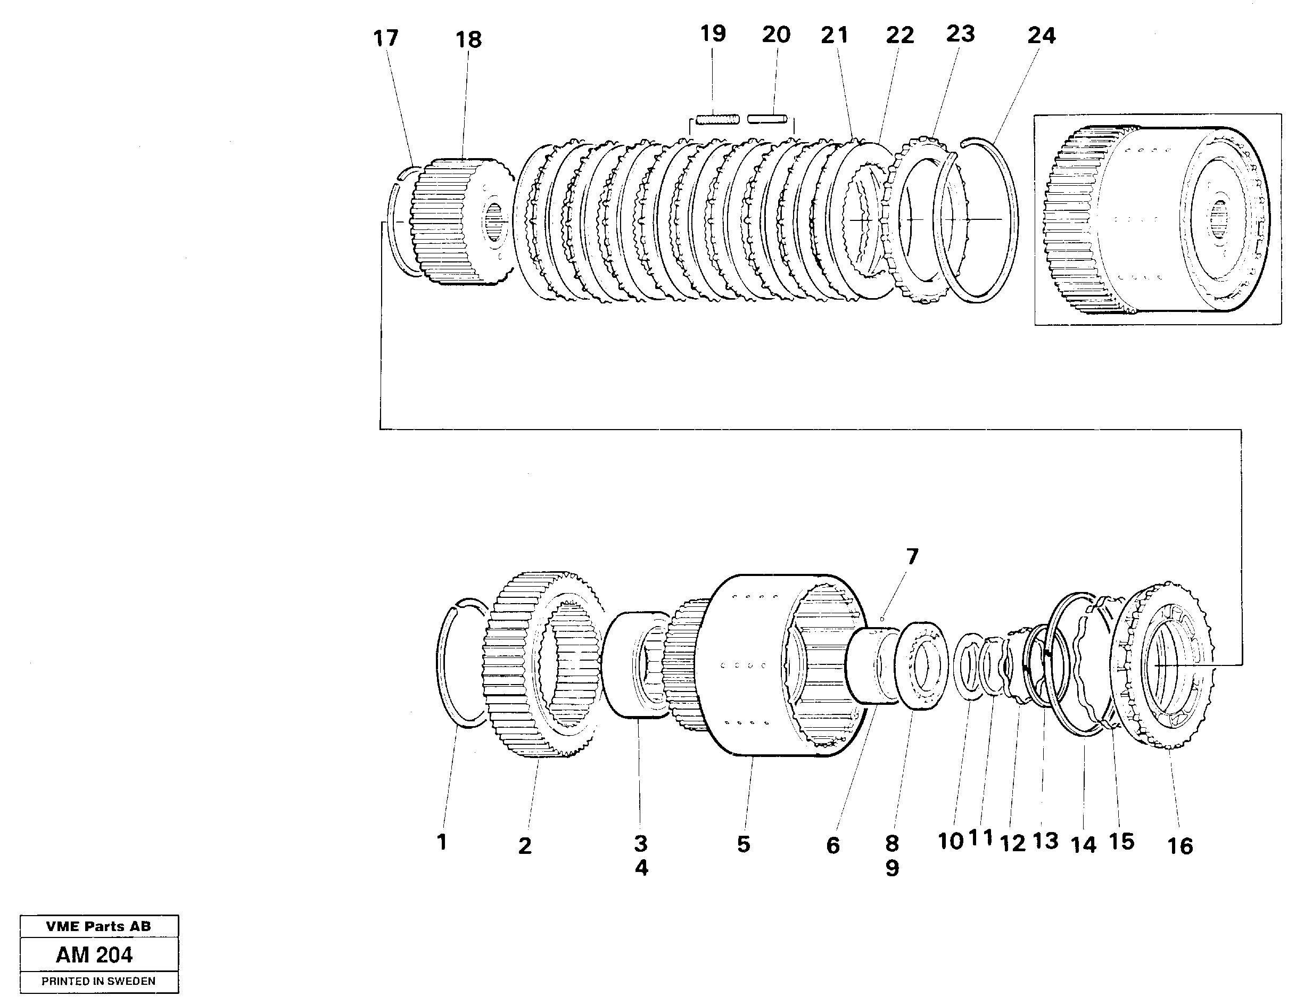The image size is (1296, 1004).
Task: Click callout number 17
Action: tap(386, 38)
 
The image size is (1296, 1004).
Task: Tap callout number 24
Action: tap(1042, 36)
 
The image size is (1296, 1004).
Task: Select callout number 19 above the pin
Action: tap(713, 34)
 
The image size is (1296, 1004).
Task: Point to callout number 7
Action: tap(912, 557)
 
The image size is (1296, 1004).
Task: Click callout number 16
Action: tap(1179, 846)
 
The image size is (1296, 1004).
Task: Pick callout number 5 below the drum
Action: tap(744, 844)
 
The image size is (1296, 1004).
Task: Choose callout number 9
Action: tap(892, 868)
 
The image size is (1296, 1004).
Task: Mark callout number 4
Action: tap(641, 868)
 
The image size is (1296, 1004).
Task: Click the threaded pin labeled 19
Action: tap(717, 119)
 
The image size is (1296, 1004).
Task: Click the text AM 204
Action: tap(94, 954)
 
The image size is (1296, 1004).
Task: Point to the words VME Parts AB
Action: tap(98, 926)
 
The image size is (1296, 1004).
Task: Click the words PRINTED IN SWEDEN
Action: tap(98, 981)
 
